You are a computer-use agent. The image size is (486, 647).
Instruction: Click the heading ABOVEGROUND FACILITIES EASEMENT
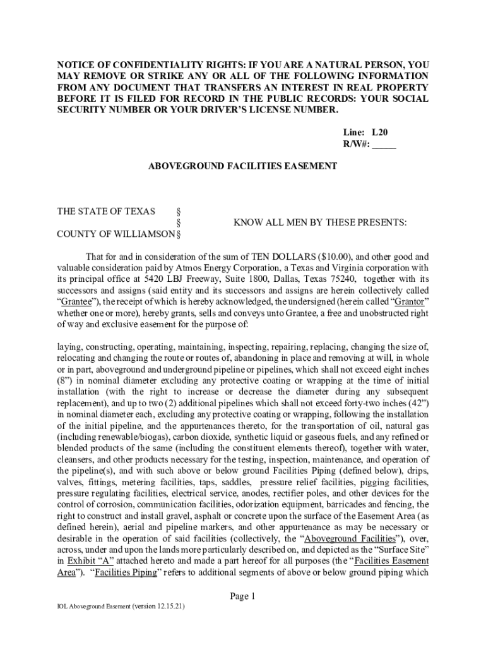[x=242, y=166]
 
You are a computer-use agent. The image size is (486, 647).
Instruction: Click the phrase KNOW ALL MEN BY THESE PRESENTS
[x=320, y=223]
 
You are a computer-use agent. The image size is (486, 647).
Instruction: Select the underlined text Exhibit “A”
[x=85, y=562]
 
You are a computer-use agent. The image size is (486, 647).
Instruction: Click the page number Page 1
[x=242, y=596]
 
